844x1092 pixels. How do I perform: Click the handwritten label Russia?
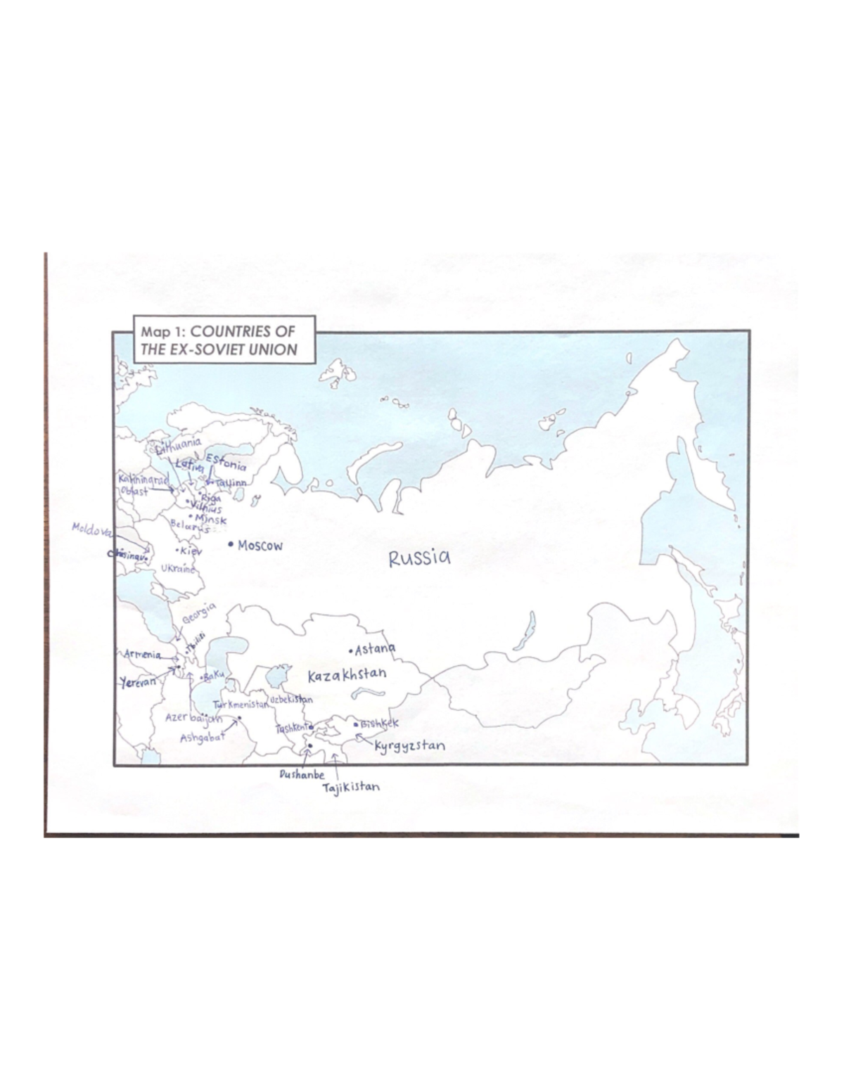click(419, 558)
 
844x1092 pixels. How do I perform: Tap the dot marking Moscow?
click(231, 544)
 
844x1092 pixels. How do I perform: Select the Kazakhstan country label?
click(347, 676)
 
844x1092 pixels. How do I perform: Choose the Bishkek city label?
click(380, 723)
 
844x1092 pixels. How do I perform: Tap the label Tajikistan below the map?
click(351, 788)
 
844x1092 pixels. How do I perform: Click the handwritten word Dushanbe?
click(302, 774)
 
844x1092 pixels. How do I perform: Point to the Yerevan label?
click(138, 681)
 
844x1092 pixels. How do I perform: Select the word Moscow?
click(260, 545)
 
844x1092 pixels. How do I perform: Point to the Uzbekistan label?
click(290, 700)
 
